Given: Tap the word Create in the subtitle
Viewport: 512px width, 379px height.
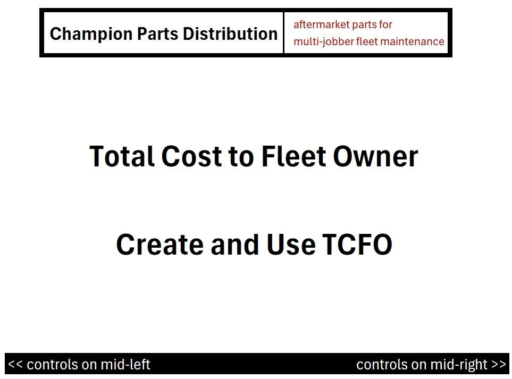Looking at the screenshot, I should point(160,245).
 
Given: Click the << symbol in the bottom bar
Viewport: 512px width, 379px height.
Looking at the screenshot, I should point(15,365).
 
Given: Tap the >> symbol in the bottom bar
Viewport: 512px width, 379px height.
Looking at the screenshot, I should point(499,365).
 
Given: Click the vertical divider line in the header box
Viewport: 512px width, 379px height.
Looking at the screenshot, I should point(284,33).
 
